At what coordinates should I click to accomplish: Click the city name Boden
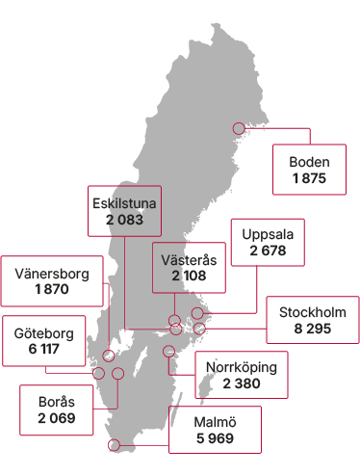309,162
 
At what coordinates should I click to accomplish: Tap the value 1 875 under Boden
309,178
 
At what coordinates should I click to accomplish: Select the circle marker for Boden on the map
239,128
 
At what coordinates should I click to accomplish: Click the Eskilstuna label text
124,203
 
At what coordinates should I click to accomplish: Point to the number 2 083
124,220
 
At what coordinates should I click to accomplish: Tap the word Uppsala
268,235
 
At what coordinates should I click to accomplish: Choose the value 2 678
268,251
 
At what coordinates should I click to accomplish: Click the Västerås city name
190,260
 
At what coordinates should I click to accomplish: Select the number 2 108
190,277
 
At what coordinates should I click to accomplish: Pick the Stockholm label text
312,312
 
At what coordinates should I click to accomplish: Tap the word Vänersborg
52,274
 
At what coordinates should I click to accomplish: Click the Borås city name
56,403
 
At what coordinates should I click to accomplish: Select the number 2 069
56,419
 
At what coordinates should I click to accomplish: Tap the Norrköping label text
242,367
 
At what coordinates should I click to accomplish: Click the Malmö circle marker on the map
115,445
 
